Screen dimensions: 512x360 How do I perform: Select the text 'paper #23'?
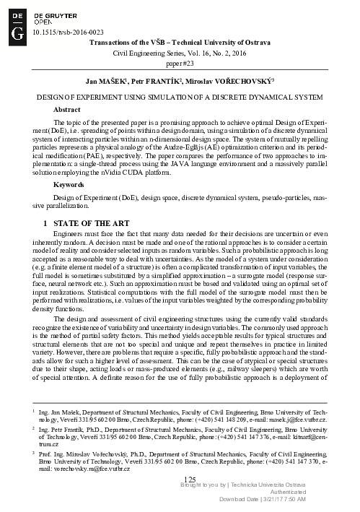click(x=180, y=63)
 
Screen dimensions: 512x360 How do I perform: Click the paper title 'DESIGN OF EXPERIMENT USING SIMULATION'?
click(x=180, y=95)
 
